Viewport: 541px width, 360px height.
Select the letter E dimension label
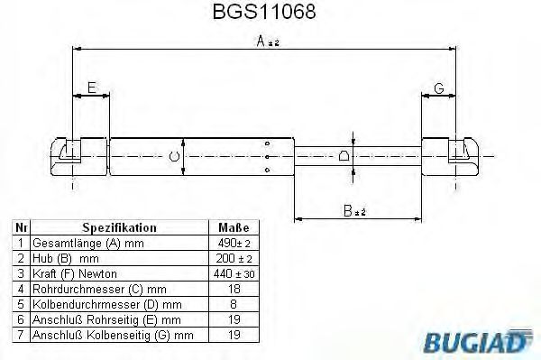[x=90, y=87]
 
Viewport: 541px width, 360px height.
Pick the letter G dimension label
[x=438, y=87]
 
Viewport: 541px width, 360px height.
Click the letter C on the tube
[x=174, y=157]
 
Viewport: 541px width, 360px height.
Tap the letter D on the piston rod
[x=344, y=156]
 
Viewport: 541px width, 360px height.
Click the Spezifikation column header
[x=119, y=228]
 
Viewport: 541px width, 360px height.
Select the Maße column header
[x=234, y=228]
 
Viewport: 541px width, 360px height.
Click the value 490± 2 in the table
[x=234, y=244]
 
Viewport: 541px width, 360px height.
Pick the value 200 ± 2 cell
[x=234, y=259]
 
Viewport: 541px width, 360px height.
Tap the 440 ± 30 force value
[x=234, y=274]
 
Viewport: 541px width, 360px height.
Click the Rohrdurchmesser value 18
[x=234, y=290]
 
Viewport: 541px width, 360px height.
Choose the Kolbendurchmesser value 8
[x=234, y=305]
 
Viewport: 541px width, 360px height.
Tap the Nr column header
[x=20, y=228]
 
